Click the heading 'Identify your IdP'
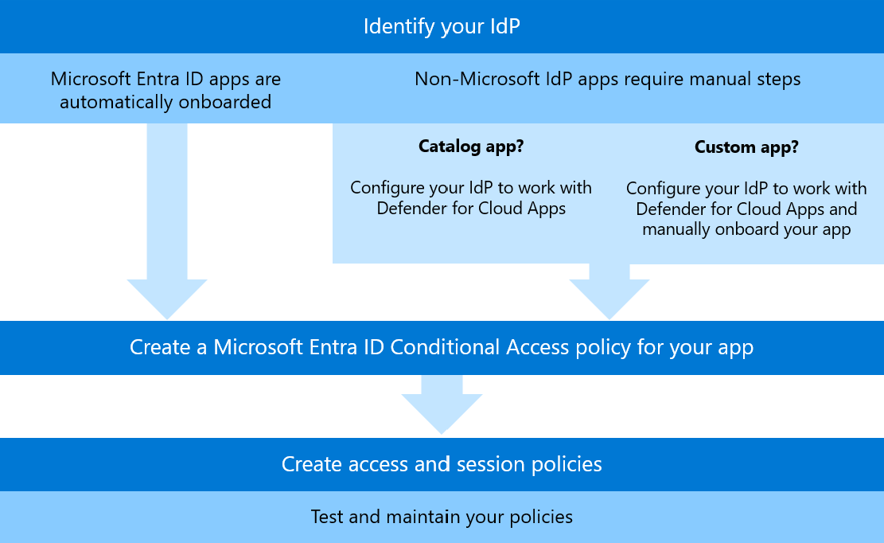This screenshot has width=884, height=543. (442, 26)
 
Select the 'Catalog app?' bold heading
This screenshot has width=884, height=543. (471, 146)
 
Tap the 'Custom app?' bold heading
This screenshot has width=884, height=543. (746, 147)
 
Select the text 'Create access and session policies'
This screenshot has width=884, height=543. (442, 464)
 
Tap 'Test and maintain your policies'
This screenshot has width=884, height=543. (442, 517)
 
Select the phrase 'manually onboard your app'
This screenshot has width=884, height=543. (746, 229)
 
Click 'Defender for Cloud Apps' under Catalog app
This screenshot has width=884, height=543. (471, 209)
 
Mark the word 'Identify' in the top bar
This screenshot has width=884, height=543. (396, 26)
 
